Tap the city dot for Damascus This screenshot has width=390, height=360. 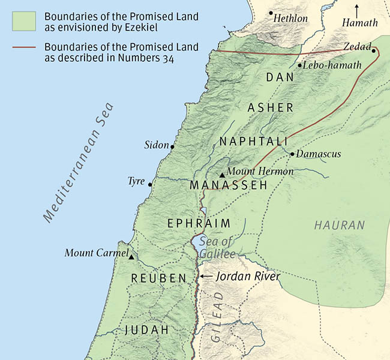(x=292, y=154)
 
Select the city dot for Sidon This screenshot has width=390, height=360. (x=172, y=146)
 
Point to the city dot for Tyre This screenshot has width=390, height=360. (x=150, y=184)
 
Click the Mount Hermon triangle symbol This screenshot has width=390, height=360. (x=222, y=175)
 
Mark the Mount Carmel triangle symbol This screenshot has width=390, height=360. (x=131, y=257)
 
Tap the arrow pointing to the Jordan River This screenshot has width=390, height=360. (x=205, y=277)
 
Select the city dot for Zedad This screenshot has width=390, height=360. (x=373, y=51)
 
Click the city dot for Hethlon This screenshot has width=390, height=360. (x=271, y=13)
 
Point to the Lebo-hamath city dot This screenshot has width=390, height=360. (x=299, y=65)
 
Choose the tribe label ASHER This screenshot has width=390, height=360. (x=271, y=108)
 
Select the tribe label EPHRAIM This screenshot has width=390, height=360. (x=199, y=223)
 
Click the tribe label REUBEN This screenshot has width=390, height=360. (x=160, y=278)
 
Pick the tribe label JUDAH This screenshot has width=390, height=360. (x=146, y=330)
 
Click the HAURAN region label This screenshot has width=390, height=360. (x=339, y=226)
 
